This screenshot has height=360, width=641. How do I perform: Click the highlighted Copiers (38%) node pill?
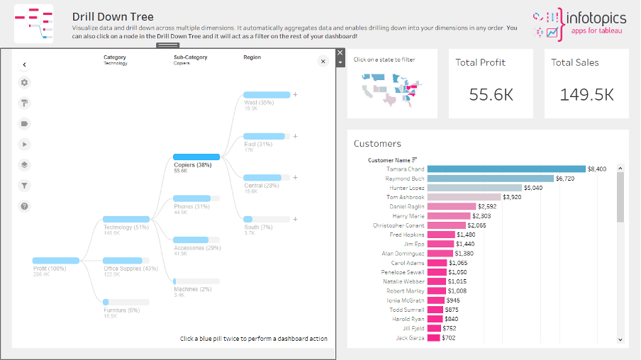point(196,157)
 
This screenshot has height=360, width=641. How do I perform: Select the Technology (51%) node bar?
point(126,220)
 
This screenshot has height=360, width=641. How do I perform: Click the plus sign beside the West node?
point(295,94)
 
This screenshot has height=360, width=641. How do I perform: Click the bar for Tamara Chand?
point(506,169)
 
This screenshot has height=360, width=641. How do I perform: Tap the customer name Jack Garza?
point(410,338)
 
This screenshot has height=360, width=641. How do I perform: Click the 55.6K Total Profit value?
point(491,94)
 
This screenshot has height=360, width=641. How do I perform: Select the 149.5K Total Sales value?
point(586,94)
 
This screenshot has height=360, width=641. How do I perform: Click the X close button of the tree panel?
point(323,62)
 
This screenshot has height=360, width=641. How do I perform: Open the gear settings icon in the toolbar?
point(25,82)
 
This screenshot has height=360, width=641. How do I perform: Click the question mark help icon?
point(25,206)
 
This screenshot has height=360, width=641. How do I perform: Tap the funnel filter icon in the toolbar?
point(25,186)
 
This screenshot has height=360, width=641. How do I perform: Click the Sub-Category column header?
point(190,57)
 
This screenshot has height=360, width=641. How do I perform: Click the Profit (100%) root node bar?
point(56,261)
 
